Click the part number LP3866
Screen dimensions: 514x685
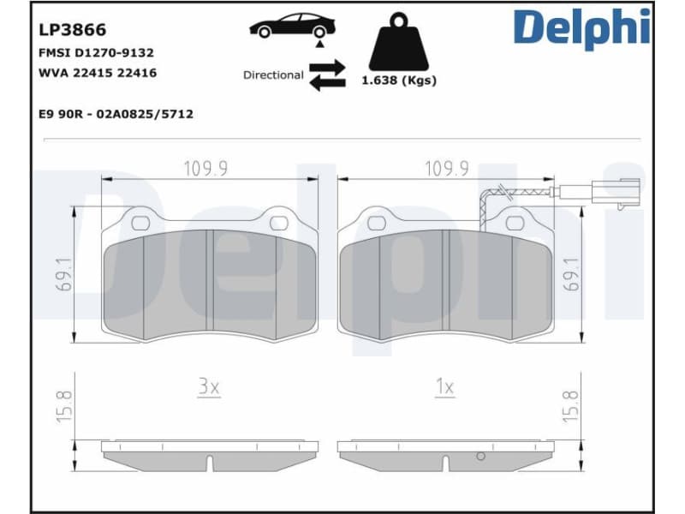coord(72,30)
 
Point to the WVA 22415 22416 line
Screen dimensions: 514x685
coord(98,74)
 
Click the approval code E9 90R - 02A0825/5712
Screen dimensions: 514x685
coord(116,113)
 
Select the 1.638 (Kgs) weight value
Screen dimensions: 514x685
coord(398,81)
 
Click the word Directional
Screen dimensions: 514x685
coord(273,75)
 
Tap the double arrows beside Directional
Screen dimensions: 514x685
coord(326,75)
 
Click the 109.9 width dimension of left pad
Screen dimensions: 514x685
coord(205,169)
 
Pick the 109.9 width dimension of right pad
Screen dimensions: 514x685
coord(446,169)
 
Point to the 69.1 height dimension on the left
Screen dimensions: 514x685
coord(63,272)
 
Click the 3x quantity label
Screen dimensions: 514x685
coord(209,387)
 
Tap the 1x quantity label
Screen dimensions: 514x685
coord(444,387)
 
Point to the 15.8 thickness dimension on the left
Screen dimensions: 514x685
coord(63,405)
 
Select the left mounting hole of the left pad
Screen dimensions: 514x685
coord(140,223)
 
